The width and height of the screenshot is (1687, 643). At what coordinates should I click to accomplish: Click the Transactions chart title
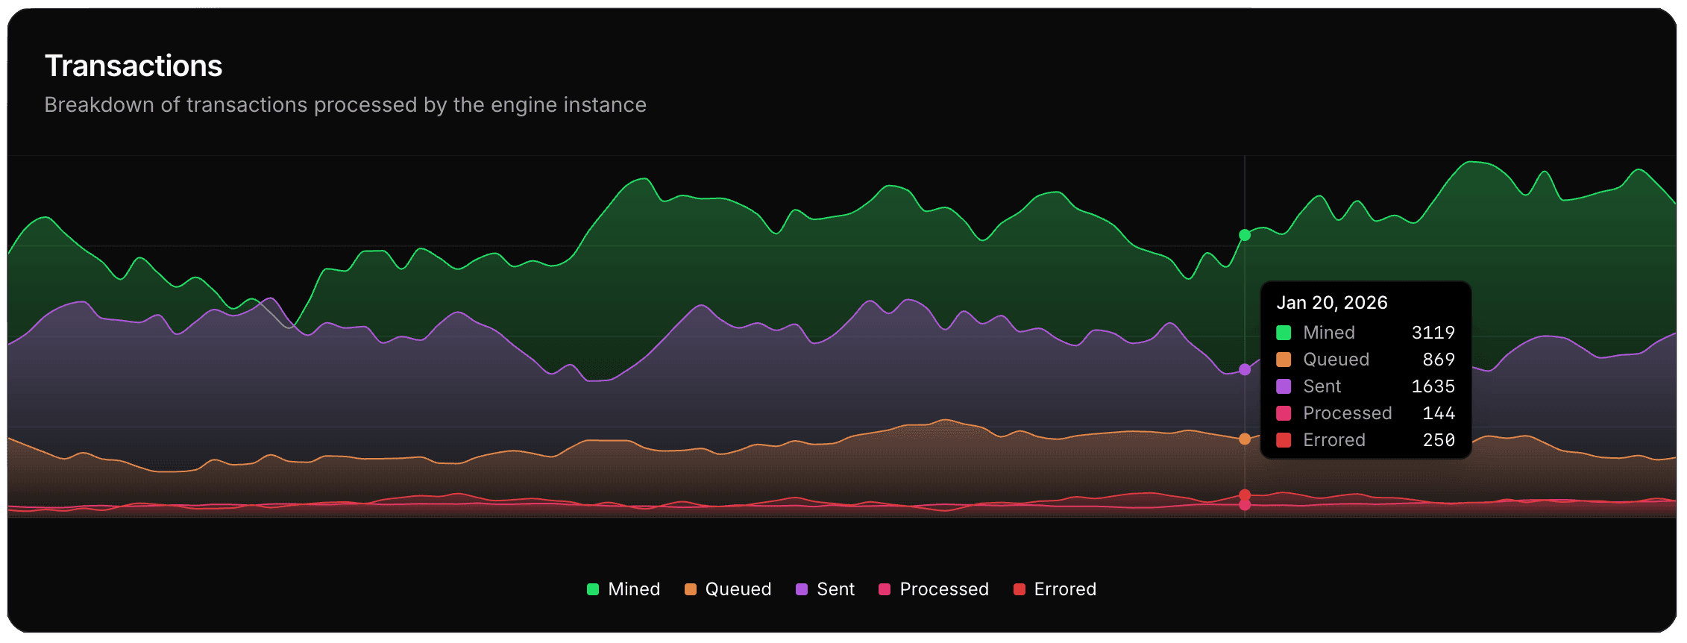click(x=133, y=66)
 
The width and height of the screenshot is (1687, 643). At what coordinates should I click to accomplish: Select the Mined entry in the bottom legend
click(x=623, y=589)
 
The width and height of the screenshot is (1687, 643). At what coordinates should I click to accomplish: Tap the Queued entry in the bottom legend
click(x=728, y=589)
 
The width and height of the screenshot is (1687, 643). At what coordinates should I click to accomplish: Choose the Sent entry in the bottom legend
click(x=826, y=589)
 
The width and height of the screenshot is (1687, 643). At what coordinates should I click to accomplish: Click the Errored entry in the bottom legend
click(x=1055, y=589)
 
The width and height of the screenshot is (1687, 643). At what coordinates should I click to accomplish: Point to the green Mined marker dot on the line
click(x=1245, y=235)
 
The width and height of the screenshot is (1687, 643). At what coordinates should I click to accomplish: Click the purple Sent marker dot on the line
click(x=1245, y=369)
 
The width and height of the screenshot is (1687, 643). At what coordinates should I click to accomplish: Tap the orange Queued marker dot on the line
click(x=1245, y=439)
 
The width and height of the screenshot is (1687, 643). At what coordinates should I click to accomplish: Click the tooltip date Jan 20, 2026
click(x=1332, y=303)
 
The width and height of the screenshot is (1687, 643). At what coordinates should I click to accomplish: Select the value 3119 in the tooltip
click(x=1433, y=333)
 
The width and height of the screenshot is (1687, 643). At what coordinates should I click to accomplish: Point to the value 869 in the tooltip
click(x=1439, y=360)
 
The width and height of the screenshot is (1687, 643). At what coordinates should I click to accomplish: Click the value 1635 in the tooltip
click(x=1433, y=386)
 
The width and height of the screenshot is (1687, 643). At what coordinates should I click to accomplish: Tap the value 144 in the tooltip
click(x=1439, y=413)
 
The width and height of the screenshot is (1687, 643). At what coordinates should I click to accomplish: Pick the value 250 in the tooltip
click(x=1439, y=440)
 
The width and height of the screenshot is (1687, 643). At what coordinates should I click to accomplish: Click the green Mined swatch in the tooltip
click(x=1284, y=333)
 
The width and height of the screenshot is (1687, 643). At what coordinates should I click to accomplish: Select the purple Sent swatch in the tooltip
click(x=1284, y=386)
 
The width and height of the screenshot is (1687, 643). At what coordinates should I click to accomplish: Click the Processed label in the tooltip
click(x=1347, y=413)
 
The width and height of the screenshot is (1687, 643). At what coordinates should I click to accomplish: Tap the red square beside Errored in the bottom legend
click(x=1020, y=589)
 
